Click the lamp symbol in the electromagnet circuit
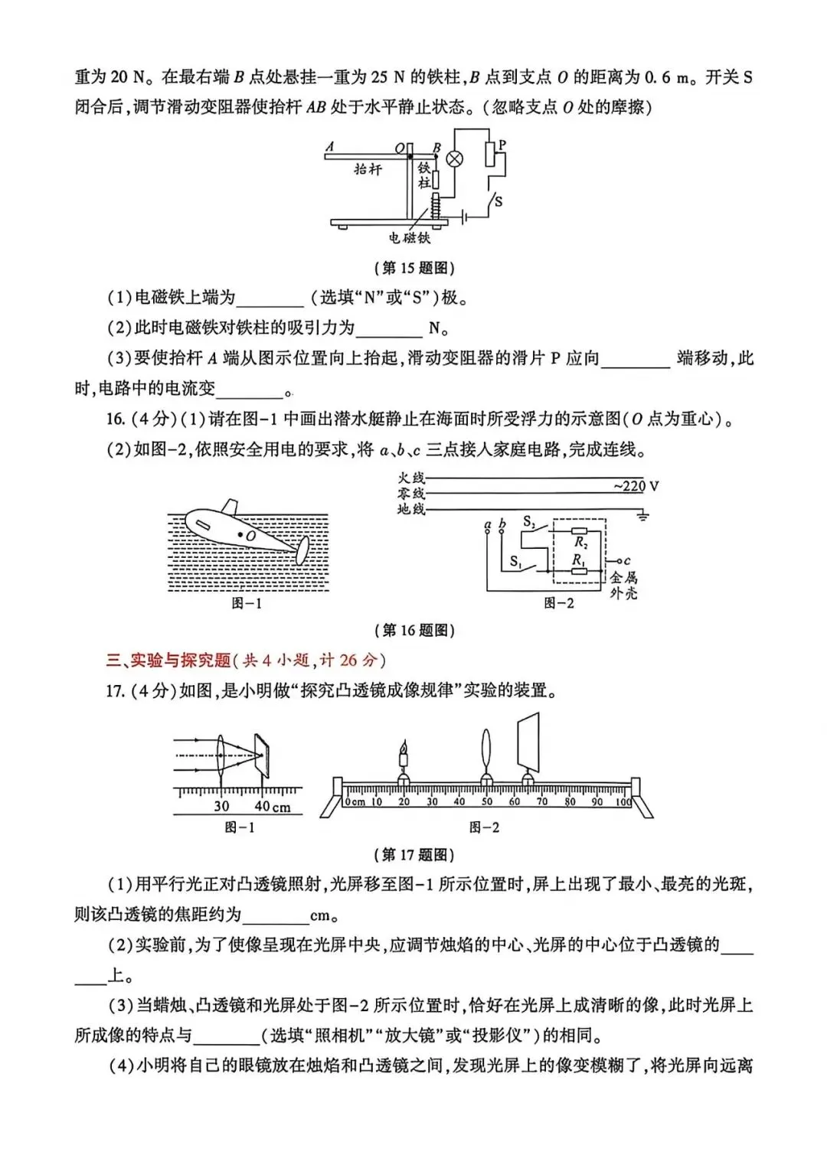(x=455, y=158)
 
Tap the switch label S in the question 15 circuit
(x=498, y=201)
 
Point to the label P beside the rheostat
(x=502, y=145)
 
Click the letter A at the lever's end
(x=329, y=147)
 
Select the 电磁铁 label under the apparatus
(x=410, y=238)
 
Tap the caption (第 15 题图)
(x=414, y=268)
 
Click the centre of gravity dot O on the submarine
(x=240, y=533)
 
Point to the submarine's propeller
(x=302, y=549)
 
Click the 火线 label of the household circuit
(x=411, y=478)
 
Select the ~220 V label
(x=636, y=486)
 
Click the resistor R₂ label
(x=580, y=543)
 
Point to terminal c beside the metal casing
(x=626, y=561)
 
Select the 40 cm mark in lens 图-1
(x=272, y=807)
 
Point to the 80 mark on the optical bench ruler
(x=570, y=802)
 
